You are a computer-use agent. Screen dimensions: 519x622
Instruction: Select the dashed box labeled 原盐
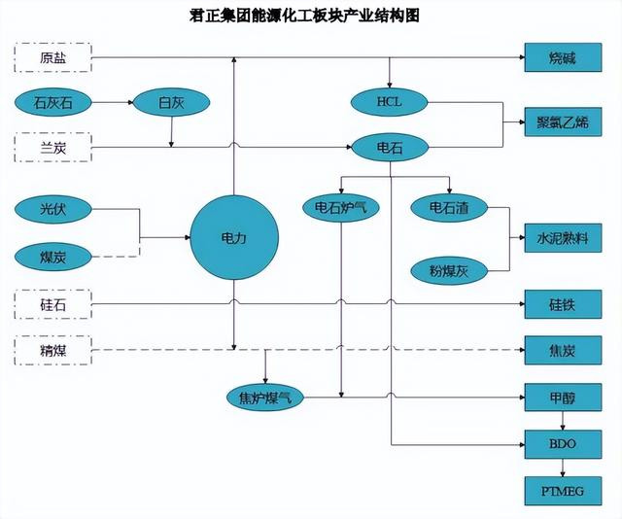(53, 57)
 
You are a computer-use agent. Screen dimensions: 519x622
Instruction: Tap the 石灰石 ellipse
(54, 101)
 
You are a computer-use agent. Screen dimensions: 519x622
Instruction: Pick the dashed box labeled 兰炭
(53, 148)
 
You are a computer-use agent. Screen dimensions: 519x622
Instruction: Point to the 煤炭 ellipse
(54, 257)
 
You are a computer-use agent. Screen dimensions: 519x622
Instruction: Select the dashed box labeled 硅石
(53, 305)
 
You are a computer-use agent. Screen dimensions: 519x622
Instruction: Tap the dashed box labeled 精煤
(53, 349)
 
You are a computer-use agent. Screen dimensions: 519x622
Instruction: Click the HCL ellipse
(389, 102)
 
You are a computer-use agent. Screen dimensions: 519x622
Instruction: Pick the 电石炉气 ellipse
(340, 207)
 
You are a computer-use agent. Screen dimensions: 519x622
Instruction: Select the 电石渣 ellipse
(448, 207)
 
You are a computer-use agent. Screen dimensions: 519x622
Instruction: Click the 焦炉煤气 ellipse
(264, 397)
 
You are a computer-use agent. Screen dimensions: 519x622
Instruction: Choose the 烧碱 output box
(562, 57)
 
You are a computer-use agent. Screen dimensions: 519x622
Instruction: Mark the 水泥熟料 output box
(562, 238)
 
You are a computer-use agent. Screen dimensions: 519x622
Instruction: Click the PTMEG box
(562, 490)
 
